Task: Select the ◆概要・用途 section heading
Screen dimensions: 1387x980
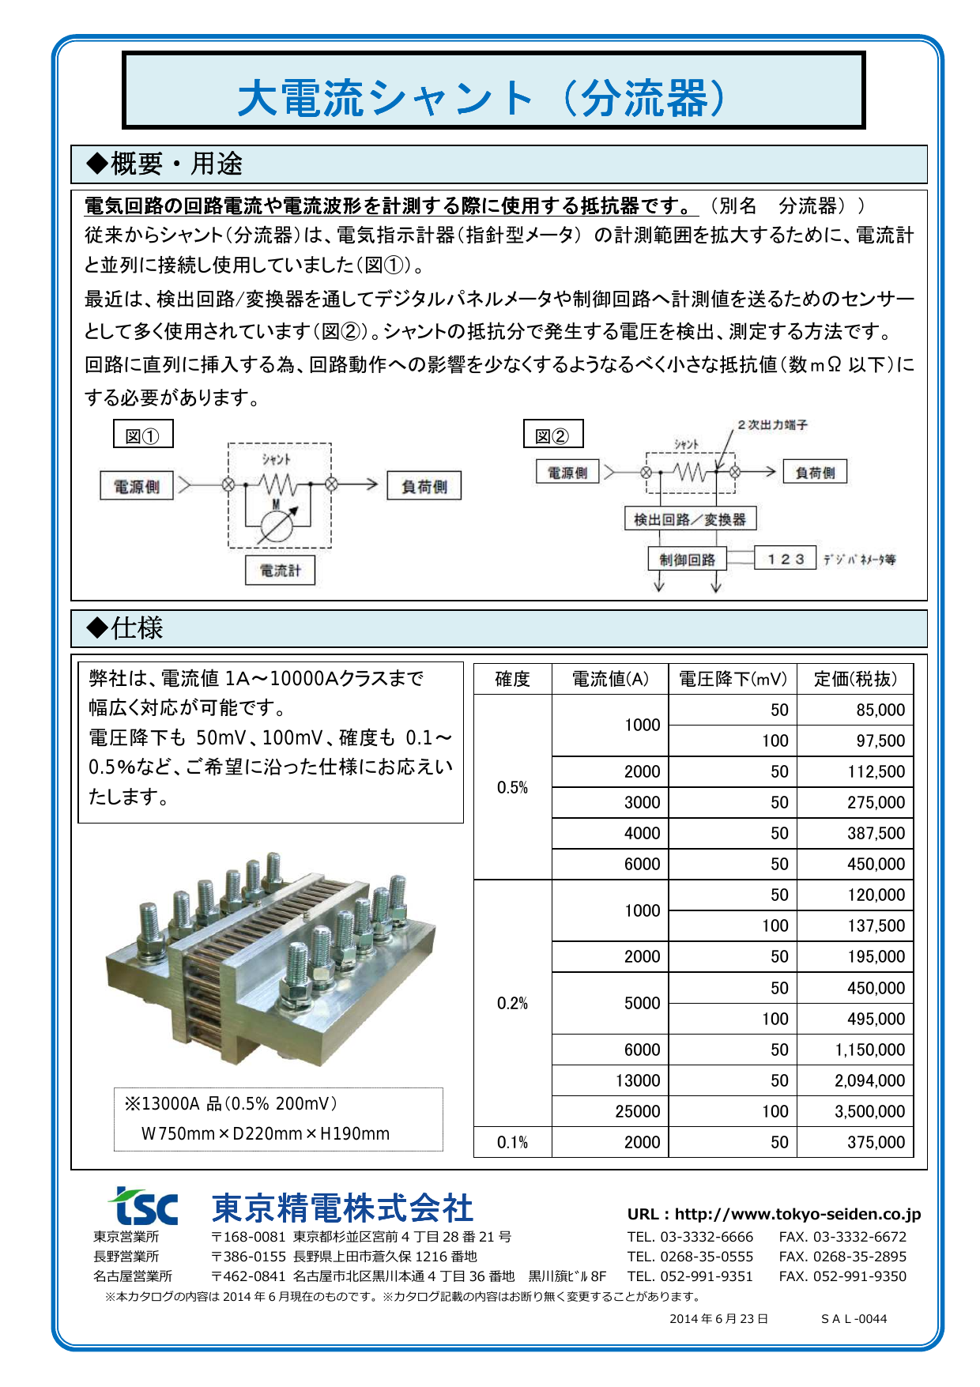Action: [164, 164]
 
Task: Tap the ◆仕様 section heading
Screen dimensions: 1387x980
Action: [125, 628]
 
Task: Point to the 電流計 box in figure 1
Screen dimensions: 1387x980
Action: [280, 570]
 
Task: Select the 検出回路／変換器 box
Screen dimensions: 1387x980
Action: [690, 519]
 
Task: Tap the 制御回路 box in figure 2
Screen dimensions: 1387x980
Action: [687, 560]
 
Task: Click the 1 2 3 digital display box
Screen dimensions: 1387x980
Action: [785, 559]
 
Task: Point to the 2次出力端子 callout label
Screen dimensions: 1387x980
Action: [772, 425]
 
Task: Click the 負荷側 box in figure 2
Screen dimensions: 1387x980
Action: [815, 473]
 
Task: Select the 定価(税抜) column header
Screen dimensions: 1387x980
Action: [855, 679]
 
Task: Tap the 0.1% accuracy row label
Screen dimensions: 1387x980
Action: [512, 1142]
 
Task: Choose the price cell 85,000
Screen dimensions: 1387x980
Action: [880, 710]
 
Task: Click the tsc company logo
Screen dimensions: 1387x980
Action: [144, 1207]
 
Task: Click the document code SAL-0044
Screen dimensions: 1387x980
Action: [854, 1318]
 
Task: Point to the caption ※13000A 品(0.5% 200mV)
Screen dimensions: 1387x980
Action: [231, 1103]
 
